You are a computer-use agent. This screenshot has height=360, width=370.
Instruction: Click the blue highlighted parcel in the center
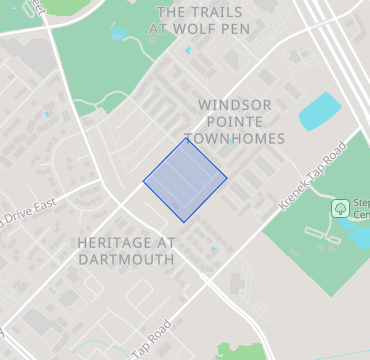(x=185, y=179)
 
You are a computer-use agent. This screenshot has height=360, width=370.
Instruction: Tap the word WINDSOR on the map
(x=235, y=104)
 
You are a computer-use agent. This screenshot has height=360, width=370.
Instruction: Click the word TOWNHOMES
(x=235, y=138)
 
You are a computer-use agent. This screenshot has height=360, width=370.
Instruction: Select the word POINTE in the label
(x=235, y=121)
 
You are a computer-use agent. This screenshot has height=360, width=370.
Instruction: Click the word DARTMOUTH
(x=126, y=259)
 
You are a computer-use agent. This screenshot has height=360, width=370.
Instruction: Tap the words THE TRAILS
(x=199, y=13)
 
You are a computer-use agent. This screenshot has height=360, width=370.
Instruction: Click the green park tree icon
(x=340, y=208)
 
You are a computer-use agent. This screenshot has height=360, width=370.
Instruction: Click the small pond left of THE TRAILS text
(x=119, y=35)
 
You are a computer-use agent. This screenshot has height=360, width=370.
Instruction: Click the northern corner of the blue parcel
(x=186, y=138)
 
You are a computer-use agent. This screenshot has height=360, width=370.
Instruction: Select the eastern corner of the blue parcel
(x=227, y=179)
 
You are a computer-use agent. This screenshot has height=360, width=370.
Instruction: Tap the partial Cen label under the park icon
(x=362, y=216)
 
